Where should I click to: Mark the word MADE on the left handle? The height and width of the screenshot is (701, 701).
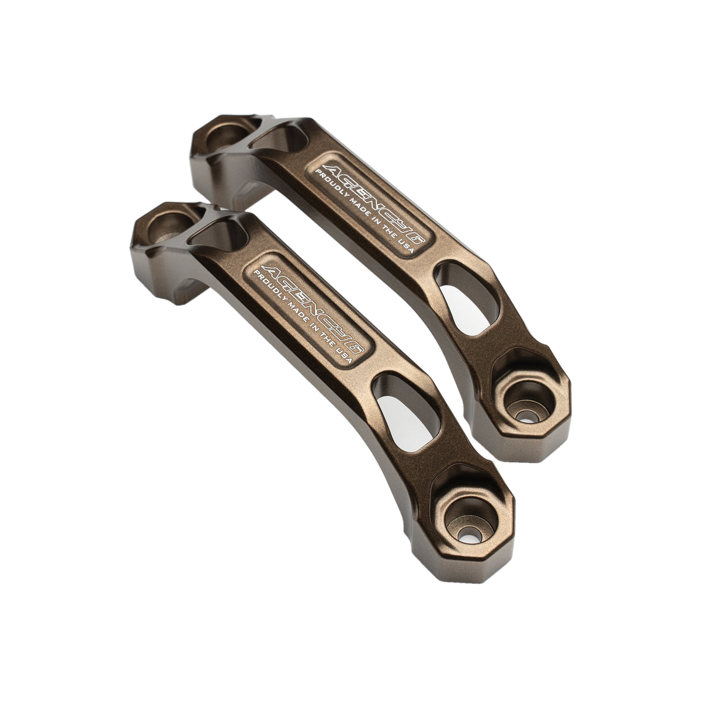click(x=298, y=320)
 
